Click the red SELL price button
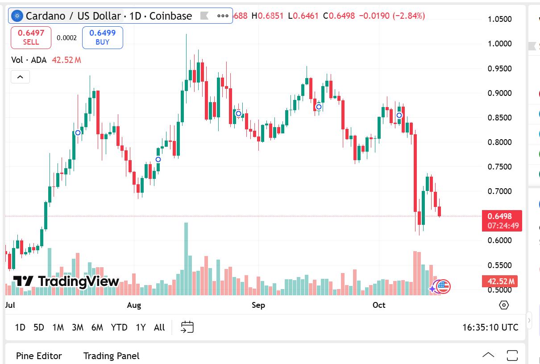pos(31,37)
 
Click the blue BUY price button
pos(102,37)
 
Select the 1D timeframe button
pos(20,327)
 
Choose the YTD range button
pos(119,327)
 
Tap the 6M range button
pos(97,327)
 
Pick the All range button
pos(159,327)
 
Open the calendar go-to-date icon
pos(187,327)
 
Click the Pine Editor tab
pos(39,356)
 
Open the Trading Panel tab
pos(111,356)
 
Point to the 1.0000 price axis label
pos(500,44)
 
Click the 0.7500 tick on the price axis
pos(500,167)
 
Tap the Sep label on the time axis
pos(258,305)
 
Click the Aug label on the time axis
pos(134,305)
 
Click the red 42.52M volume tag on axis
pos(500,281)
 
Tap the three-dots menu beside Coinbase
pos(223,16)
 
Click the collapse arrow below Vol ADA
pos(20,77)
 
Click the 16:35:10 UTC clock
pos(490,327)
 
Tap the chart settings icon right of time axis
pos(504,305)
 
